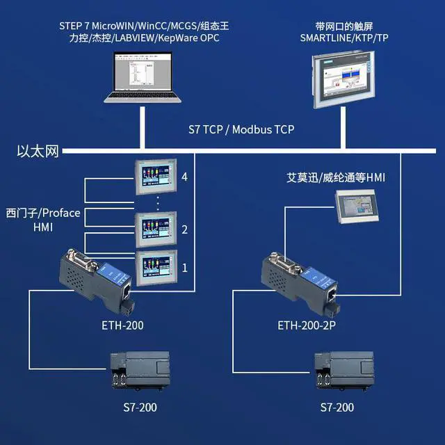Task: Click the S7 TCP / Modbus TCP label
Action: point(241,129)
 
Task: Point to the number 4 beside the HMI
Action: point(184,177)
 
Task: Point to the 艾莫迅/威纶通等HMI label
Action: point(336,177)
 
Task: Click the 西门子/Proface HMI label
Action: point(43,219)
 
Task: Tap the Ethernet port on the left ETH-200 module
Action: point(127,290)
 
